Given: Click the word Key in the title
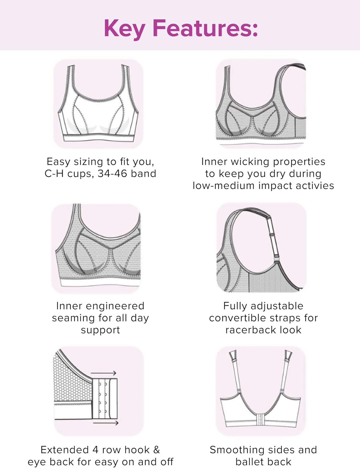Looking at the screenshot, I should coord(124,28).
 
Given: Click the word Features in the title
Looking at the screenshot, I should coord(205,28).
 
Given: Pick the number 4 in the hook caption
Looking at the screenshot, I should coord(95,450).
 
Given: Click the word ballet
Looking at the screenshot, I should coord(249,462).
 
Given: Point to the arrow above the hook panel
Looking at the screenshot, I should coord(104,373).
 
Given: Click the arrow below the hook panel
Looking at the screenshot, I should coord(106,423).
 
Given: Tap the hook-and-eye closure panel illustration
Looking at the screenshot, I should coord(105,398).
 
